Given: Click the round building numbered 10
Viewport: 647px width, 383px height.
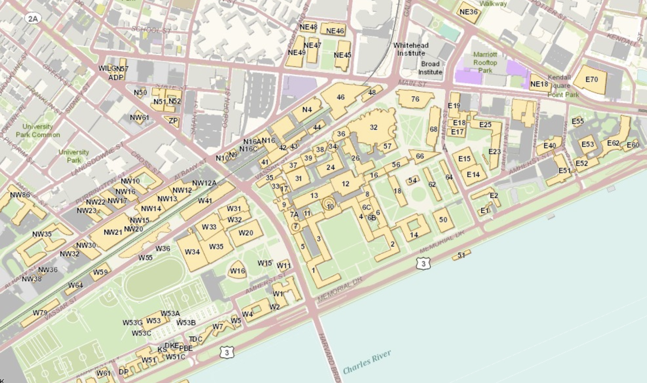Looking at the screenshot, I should click(x=329, y=205).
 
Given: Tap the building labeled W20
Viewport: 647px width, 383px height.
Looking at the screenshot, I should click(x=246, y=233).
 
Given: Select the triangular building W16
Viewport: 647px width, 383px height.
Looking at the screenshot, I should click(x=237, y=271).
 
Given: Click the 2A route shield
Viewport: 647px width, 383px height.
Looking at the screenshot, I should click(x=33, y=19).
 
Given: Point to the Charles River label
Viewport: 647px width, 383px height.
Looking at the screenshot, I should click(x=367, y=362).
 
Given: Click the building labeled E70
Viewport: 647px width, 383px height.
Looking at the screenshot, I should click(x=591, y=79).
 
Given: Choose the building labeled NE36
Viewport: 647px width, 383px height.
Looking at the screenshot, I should click(x=468, y=12).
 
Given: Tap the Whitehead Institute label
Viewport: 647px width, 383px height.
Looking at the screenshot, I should click(x=411, y=49).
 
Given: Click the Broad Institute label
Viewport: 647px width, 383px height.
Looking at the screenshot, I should click(x=430, y=68).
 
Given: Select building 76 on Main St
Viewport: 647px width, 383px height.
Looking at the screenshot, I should click(x=415, y=99).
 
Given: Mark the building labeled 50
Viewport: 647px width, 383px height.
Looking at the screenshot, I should click(x=443, y=220).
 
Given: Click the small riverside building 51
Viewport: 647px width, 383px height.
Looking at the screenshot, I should click(x=461, y=255).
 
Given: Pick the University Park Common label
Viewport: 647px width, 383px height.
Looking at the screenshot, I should click(x=38, y=131).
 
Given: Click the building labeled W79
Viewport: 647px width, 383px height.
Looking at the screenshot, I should click(x=40, y=313).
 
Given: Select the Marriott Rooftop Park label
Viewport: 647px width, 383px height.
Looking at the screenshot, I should click(x=485, y=62).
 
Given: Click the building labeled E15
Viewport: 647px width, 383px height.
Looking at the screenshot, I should click(x=464, y=159).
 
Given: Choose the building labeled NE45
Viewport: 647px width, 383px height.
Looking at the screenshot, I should click(x=343, y=55).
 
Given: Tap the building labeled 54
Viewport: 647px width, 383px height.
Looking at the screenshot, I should click(x=412, y=180).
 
